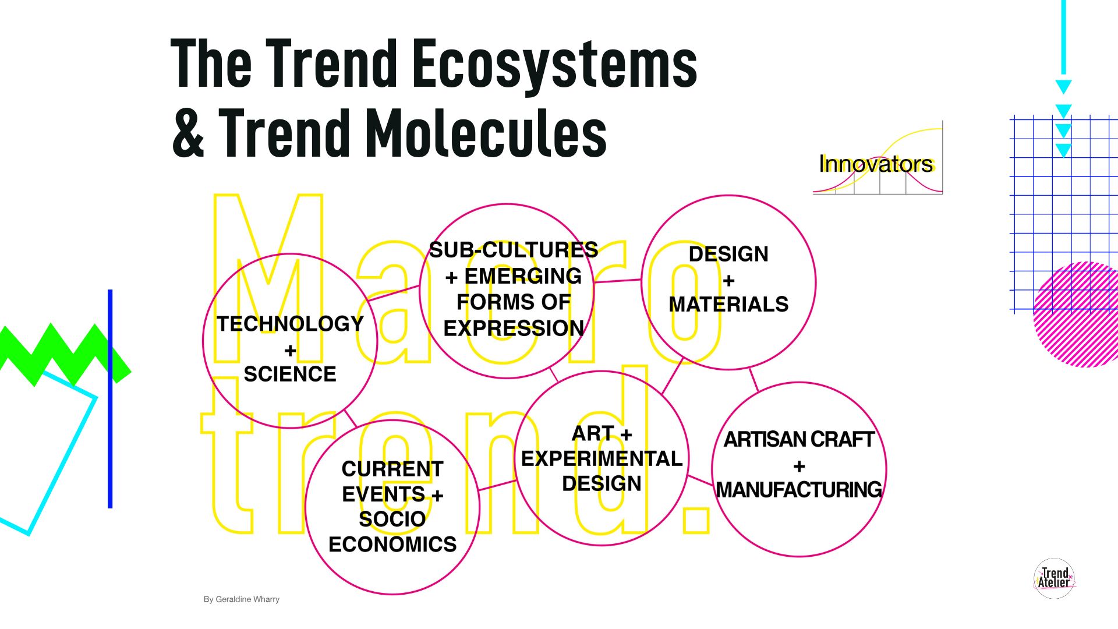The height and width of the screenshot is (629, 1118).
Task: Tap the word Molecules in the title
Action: (x=486, y=133)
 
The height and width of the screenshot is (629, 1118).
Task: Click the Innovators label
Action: (x=876, y=164)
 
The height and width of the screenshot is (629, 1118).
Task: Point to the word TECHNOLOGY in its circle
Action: (x=290, y=324)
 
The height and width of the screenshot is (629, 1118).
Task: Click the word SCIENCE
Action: (x=290, y=374)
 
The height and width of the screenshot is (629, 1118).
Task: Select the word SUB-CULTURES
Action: (x=514, y=250)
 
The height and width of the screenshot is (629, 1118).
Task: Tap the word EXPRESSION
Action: (x=514, y=328)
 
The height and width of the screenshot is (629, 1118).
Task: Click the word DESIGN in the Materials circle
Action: (x=728, y=254)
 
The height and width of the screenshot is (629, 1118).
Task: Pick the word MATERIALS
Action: (x=728, y=304)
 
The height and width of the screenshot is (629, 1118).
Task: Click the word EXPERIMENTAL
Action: (x=602, y=459)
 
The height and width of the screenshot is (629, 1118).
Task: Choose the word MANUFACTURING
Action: (x=799, y=490)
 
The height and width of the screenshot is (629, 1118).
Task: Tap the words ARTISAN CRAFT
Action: (x=799, y=440)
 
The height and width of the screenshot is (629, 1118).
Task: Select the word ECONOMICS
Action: (x=392, y=545)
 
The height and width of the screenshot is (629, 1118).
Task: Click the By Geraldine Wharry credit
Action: (x=242, y=599)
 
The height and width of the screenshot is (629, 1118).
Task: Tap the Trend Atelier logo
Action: (x=1055, y=578)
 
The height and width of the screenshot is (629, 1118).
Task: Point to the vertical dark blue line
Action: (x=110, y=399)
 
